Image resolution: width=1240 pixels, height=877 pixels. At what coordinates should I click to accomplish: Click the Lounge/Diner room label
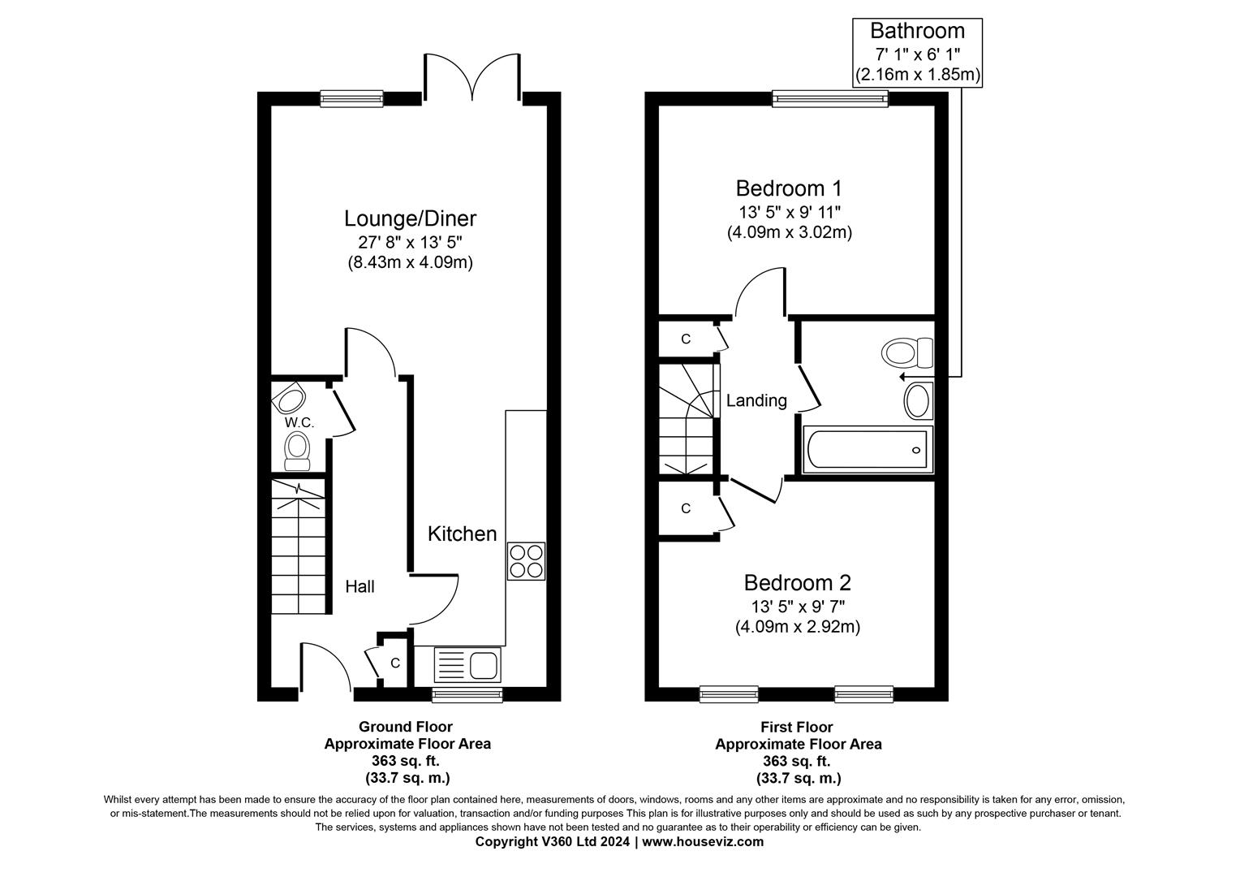410,218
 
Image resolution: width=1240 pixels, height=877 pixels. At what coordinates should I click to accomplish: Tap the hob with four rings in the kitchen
526,561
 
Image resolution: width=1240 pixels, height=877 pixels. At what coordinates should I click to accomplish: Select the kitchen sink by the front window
468,665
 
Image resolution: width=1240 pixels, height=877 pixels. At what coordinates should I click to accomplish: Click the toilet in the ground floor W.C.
297,449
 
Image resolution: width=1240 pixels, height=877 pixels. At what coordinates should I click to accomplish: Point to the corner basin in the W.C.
290,399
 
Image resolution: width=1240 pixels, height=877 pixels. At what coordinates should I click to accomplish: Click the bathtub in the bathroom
867,449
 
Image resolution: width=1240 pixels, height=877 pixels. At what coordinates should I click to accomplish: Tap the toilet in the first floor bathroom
906,353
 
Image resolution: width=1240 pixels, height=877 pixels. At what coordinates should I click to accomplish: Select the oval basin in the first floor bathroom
917,401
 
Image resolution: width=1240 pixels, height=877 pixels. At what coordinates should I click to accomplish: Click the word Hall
360,586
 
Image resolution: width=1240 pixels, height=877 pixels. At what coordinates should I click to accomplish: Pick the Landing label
756,400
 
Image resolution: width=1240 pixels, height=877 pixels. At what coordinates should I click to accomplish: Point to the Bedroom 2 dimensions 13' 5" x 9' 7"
797,606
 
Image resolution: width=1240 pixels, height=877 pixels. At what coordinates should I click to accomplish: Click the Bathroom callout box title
917,31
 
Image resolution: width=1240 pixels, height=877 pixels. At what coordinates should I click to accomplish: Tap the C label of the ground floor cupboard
395,663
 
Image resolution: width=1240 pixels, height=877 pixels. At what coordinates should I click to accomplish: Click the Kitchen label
462,534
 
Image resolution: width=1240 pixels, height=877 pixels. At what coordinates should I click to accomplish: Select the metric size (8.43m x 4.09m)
410,262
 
